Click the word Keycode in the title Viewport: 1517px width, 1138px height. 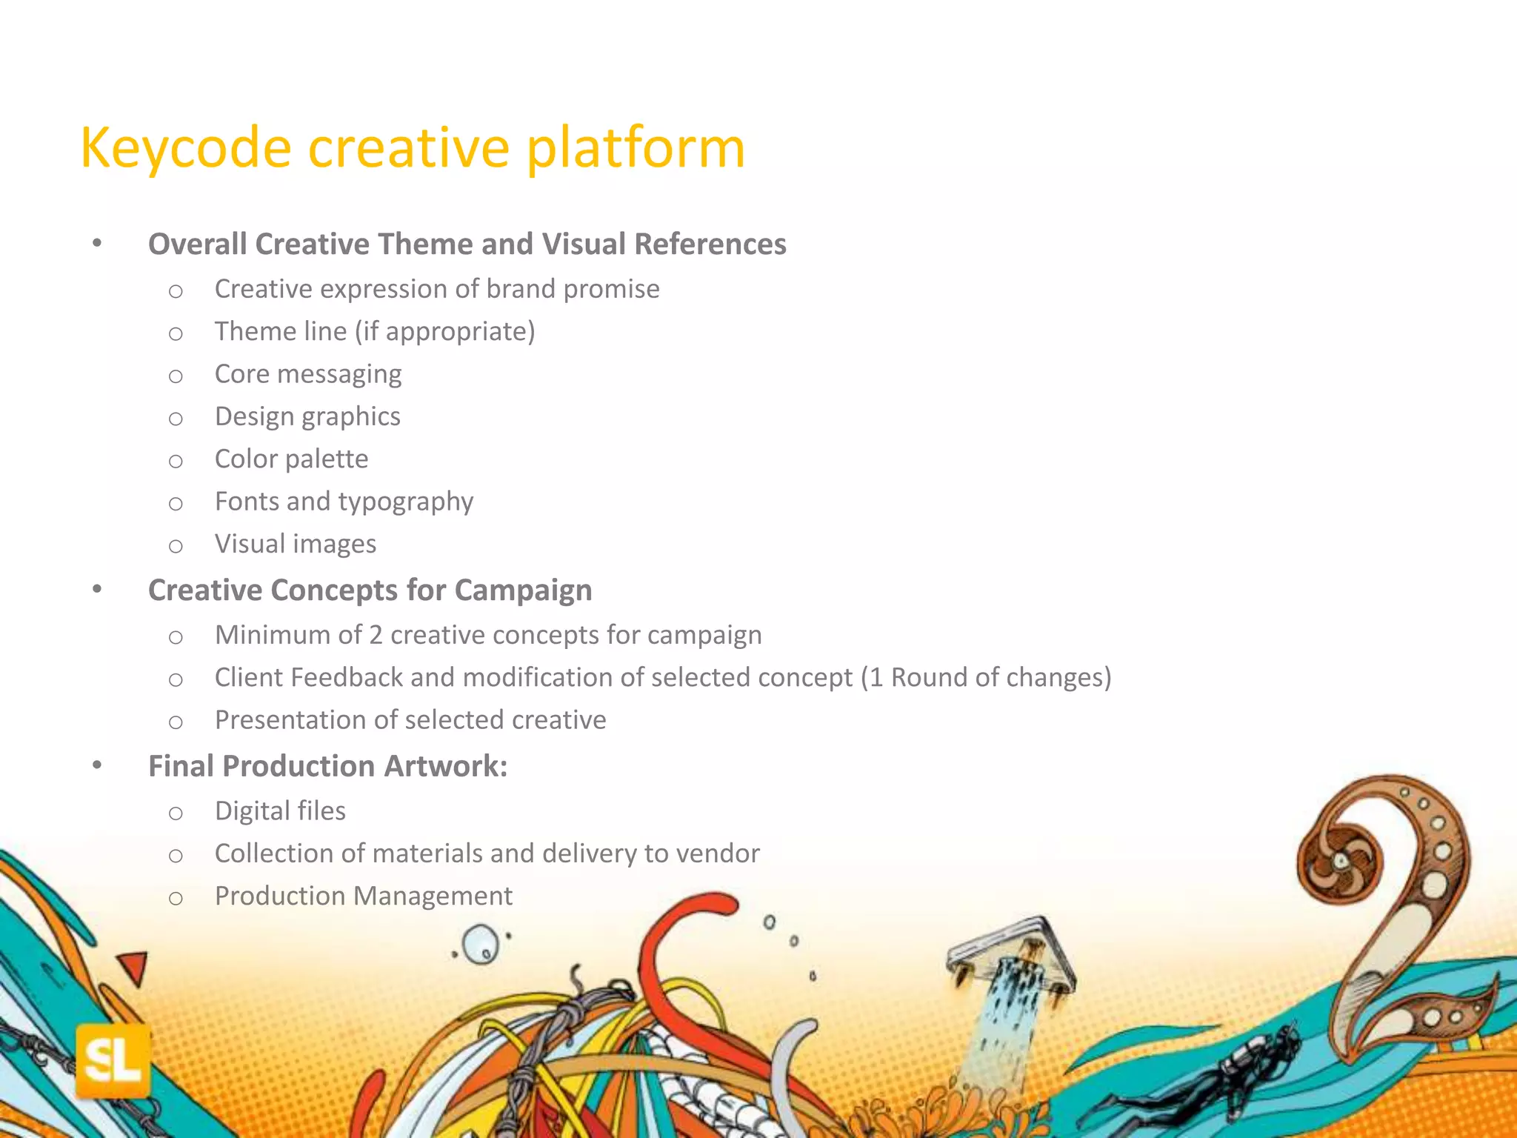click(x=185, y=148)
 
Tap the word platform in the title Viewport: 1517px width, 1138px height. click(x=635, y=148)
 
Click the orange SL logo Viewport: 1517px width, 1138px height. click(x=113, y=1060)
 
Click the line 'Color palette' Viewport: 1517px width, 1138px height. click(x=291, y=459)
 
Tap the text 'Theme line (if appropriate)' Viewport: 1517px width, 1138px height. click(x=374, y=331)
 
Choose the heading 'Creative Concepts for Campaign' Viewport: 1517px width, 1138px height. click(x=370, y=590)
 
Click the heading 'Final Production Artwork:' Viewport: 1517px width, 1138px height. click(x=327, y=766)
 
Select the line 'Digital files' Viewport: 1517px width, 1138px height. click(x=280, y=811)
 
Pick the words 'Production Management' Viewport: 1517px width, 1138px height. click(x=363, y=896)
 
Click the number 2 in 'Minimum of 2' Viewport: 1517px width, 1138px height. click(x=376, y=636)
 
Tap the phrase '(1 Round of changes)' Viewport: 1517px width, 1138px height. click(x=985, y=678)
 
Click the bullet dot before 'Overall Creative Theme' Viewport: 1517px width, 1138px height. click(x=97, y=243)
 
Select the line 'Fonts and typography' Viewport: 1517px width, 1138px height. click(x=344, y=502)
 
